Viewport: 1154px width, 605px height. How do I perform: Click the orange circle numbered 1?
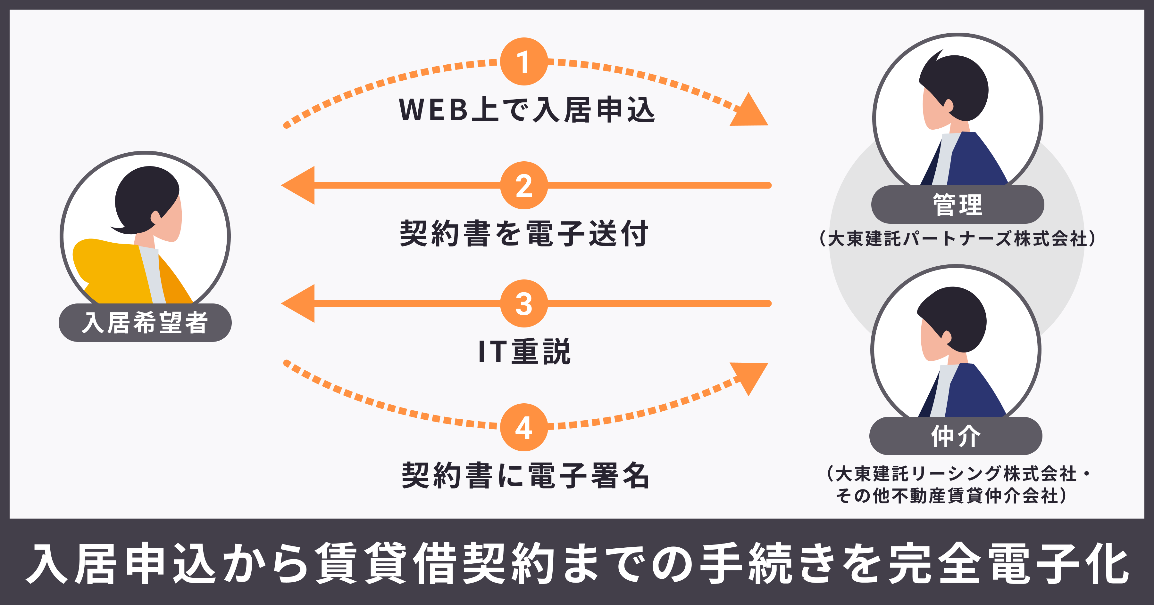(x=524, y=62)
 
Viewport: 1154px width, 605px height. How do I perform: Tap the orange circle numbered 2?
(x=524, y=185)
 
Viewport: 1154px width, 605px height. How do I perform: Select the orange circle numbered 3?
(x=524, y=303)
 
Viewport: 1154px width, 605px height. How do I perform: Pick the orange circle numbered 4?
(x=524, y=427)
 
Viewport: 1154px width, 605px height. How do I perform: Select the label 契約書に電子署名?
(x=525, y=476)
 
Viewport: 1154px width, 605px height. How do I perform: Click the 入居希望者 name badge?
(x=145, y=323)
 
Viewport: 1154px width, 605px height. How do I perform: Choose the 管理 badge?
(x=957, y=205)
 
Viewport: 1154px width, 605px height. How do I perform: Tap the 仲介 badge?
(x=956, y=436)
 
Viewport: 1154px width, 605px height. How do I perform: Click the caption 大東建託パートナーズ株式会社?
(x=957, y=238)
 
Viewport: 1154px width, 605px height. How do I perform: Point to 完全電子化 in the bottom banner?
(x=1008, y=564)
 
